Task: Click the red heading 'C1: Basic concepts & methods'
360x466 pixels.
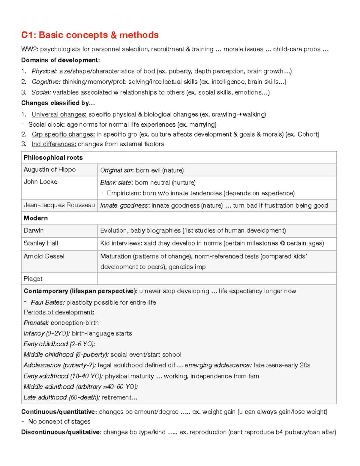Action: (x=90, y=35)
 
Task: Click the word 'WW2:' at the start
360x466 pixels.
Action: (x=30, y=49)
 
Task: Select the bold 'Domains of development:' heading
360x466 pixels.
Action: (x=60, y=60)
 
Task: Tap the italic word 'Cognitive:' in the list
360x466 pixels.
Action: (x=46, y=82)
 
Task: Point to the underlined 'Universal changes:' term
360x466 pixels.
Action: (x=59, y=115)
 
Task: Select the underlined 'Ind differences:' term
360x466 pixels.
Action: (x=54, y=144)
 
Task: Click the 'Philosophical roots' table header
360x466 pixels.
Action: (x=53, y=158)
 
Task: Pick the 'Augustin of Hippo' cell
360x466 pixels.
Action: (x=49, y=170)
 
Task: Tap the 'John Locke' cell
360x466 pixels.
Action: (x=40, y=182)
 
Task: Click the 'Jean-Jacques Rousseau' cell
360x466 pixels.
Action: (x=59, y=205)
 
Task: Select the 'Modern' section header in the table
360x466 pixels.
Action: (x=36, y=218)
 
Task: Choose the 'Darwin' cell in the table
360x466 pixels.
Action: (x=34, y=231)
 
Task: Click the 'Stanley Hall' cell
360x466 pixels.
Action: (x=41, y=243)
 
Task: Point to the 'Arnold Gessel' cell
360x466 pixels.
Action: (x=44, y=257)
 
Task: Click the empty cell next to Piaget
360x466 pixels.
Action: (x=217, y=279)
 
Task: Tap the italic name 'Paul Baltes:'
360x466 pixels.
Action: (x=47, y=303)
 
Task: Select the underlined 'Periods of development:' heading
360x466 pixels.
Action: (x=59, y=312)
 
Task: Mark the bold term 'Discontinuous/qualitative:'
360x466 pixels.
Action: (x=61, y=432)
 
